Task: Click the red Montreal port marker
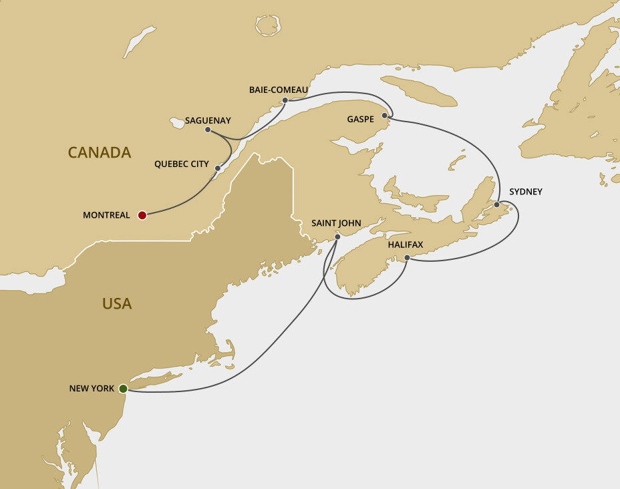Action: click(142, 215)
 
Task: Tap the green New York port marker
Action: click(124, 388)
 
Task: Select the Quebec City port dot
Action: click(218, 168)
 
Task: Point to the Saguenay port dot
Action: click(208, 130)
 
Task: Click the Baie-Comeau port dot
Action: click(285, 100)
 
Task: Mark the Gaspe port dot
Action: click(384, 116)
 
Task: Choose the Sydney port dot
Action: click(496, 204)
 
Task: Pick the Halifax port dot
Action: click(407, 257)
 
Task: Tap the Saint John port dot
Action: click(337, 236)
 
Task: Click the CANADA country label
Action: click(100, 153)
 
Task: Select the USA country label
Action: click(117, 304)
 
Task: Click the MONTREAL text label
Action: click(106, 215)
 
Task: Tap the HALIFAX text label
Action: click(406, 245)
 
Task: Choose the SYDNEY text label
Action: click(526, 192)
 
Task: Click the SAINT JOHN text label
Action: click(336, 223)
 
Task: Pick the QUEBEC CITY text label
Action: click(181, 164)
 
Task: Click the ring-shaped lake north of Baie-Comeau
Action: click(268, 25)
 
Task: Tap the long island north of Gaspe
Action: click(419, 91)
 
